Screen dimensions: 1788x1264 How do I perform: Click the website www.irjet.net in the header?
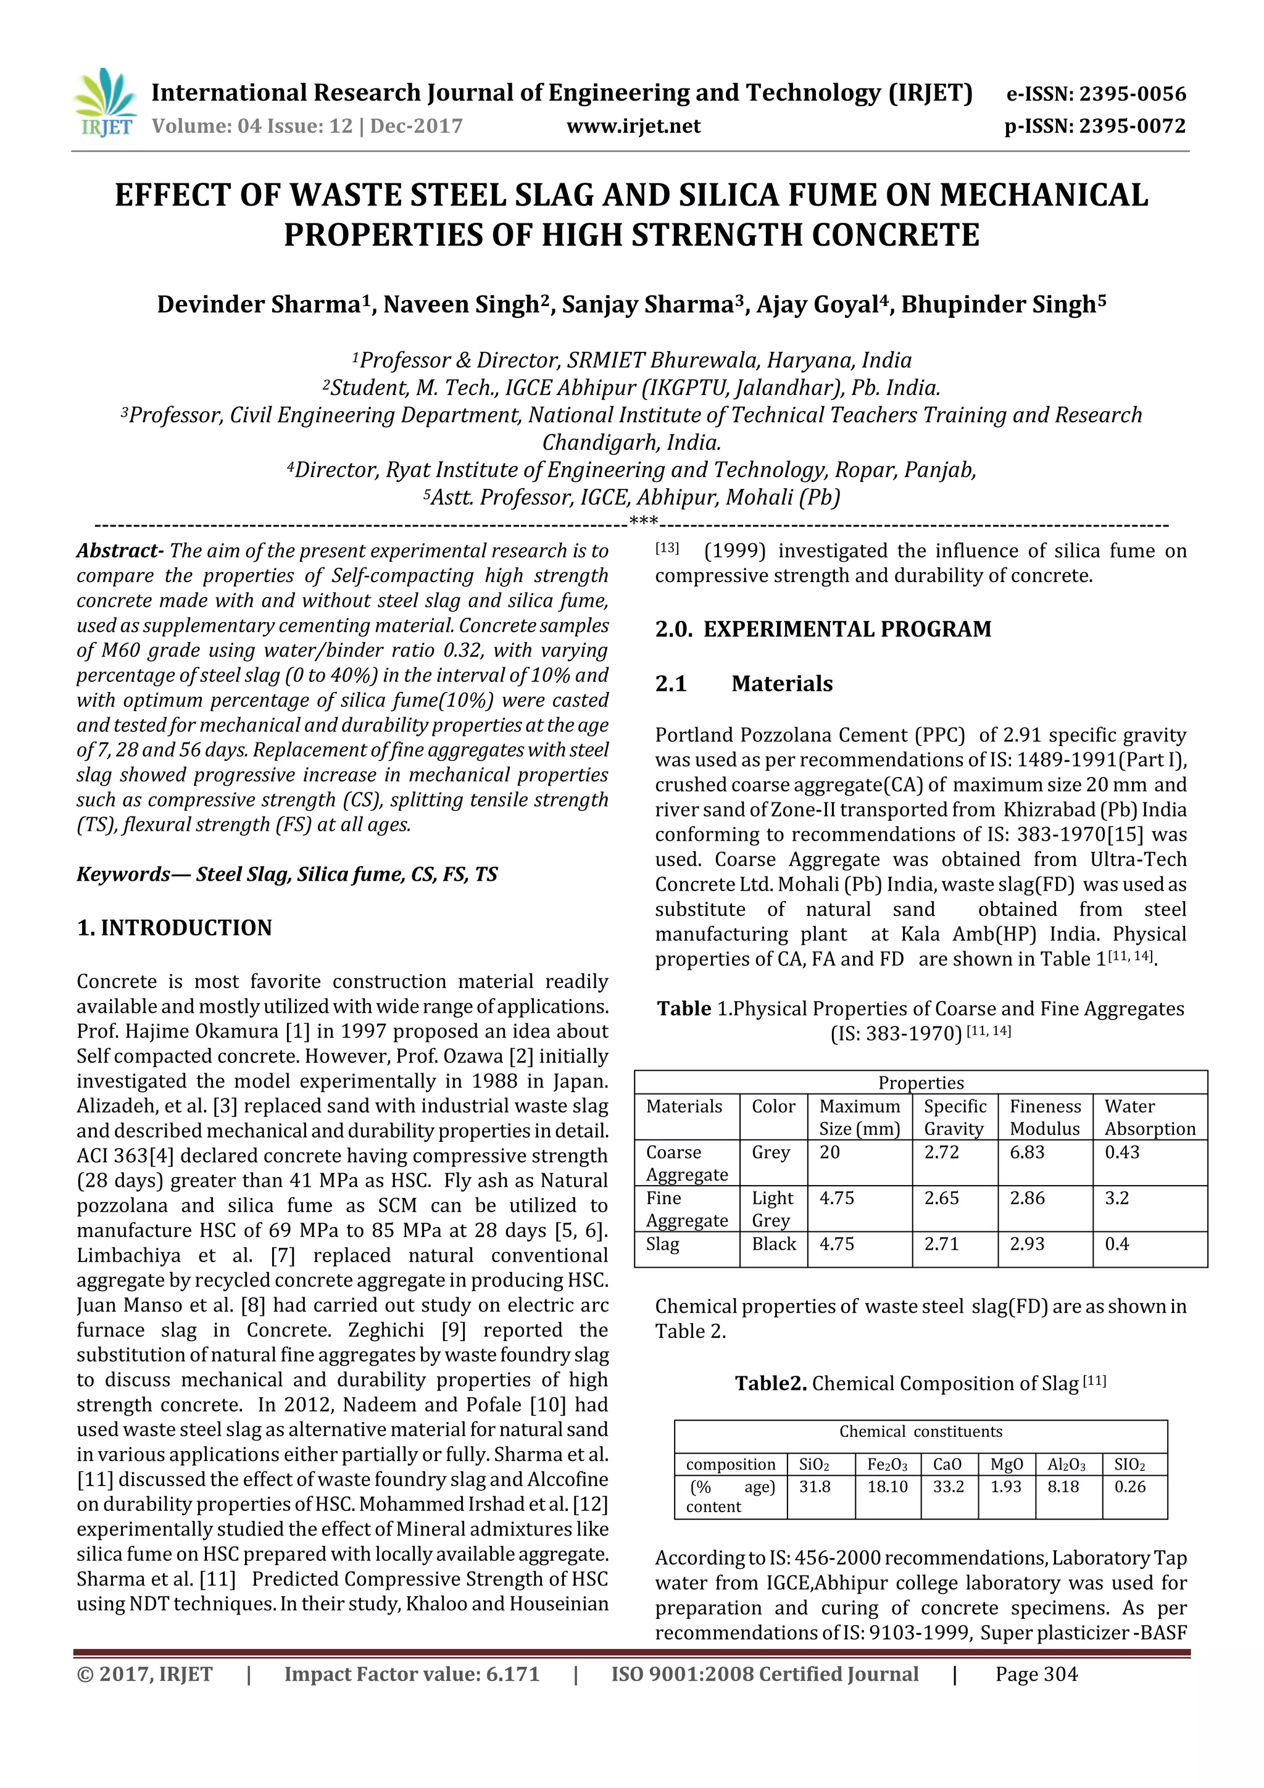[x=633, y=126]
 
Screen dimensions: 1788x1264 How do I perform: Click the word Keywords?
[x=123, y=875]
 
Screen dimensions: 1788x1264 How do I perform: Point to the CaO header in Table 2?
[x=947, y=1464]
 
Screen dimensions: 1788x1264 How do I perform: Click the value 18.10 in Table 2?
[x=887, y=1487]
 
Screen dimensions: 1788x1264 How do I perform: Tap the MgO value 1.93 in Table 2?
[x=1005, y=1487]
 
